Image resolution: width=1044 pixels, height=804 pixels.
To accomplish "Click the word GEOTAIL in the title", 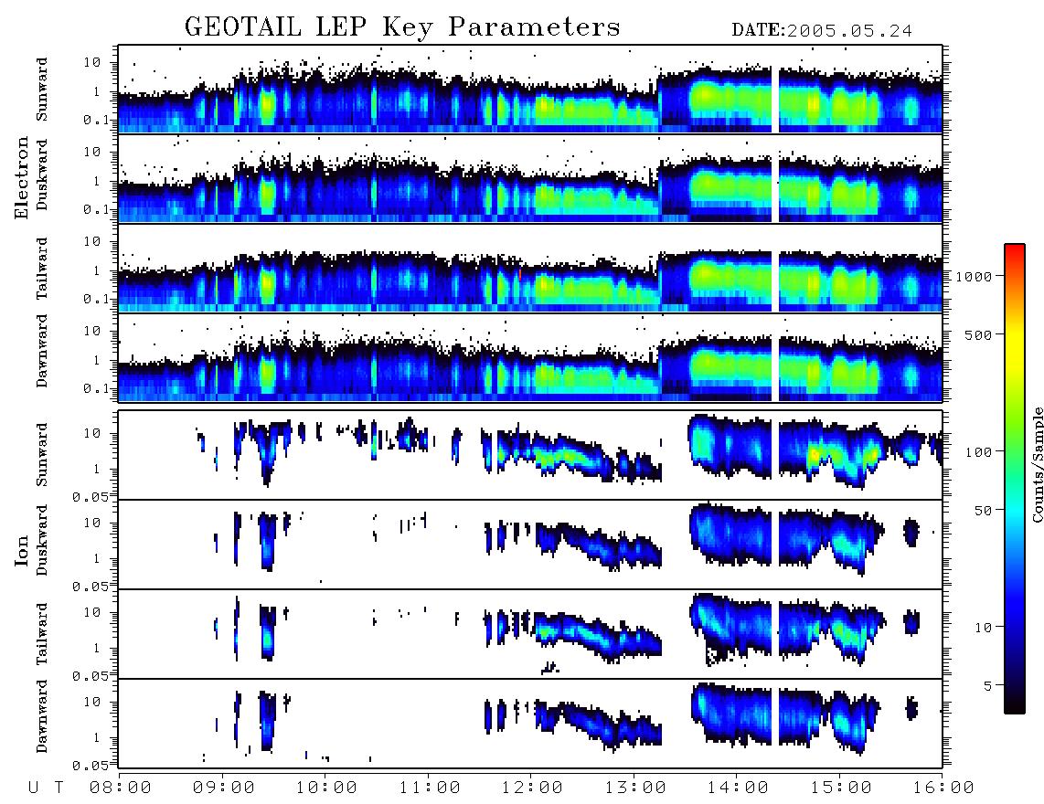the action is [243, 27].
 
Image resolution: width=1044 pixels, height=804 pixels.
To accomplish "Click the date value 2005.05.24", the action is [849, 31].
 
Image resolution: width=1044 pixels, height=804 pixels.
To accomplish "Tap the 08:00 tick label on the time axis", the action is [121, 788].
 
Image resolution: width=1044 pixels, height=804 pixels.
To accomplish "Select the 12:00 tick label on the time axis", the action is [531, 788].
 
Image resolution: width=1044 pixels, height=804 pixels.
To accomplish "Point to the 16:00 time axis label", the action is [943, 788].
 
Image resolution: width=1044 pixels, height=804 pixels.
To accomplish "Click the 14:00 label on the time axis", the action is [737, 788].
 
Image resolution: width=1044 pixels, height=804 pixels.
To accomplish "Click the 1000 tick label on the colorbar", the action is [974, 276].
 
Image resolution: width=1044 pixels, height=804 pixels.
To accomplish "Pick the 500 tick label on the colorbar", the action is [978, 334].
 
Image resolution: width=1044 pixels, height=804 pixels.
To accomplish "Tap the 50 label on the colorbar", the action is [983, 511].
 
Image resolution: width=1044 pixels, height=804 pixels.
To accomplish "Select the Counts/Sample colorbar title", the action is [1037, 464].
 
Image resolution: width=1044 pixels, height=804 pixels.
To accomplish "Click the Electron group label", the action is [21, 177].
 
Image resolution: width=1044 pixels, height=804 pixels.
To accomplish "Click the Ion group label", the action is [21, 550].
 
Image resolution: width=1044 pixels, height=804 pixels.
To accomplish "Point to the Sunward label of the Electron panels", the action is [42, 90].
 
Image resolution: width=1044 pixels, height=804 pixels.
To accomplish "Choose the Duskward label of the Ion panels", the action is [42, 540].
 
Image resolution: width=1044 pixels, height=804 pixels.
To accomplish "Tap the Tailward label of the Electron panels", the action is [42, 268].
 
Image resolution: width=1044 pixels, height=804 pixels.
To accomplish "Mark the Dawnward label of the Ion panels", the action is [42, 715].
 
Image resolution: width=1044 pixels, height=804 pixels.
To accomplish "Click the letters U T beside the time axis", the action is [46, 788].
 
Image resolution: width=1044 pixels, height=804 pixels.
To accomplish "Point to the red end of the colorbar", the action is [1015, 248].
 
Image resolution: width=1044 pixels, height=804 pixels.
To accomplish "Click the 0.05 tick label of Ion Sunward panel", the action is [91, 497].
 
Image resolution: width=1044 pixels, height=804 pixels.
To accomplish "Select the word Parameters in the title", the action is [534, 27].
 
